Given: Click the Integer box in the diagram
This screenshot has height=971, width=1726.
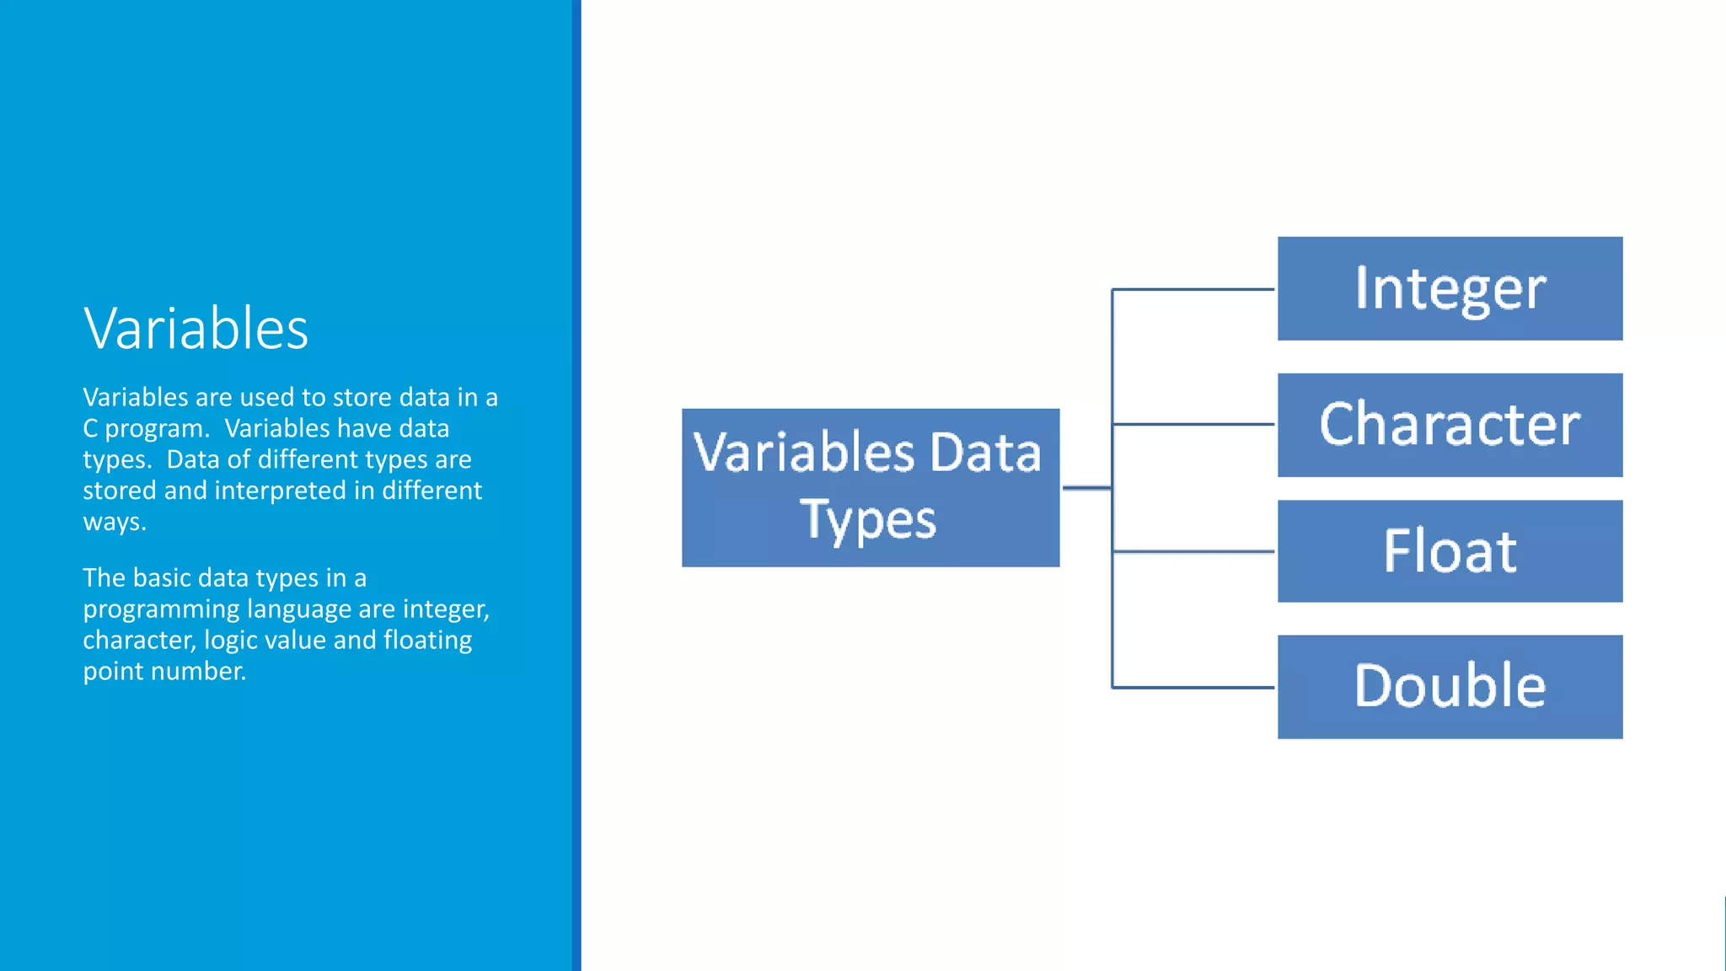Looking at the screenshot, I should click(1450, 288).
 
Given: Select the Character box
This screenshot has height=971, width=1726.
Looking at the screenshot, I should click(1450, 425).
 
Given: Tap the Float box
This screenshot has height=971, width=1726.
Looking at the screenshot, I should click(1450, 551).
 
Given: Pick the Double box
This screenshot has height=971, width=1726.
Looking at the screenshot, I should click(1450, 687).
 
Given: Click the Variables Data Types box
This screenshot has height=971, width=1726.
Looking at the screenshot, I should click(870, 487).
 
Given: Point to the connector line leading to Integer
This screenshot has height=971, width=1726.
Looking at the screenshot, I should click(1193, 289).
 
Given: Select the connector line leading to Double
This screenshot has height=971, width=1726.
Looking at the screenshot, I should click(1193, 688).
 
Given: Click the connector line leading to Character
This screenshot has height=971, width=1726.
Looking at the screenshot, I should click(1193, 424).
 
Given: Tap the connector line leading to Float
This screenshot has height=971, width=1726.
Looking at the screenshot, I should click(1193, 551).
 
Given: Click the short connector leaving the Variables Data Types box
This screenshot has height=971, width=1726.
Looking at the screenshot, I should click(1086, 487).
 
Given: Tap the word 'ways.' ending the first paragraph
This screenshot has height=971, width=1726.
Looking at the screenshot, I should click(115, 522).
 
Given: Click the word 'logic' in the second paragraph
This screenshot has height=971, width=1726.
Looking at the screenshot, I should click(232, 641).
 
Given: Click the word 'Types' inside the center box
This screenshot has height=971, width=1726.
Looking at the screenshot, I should click(868, 519).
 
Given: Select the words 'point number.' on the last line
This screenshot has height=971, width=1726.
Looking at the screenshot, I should click(164, 672).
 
